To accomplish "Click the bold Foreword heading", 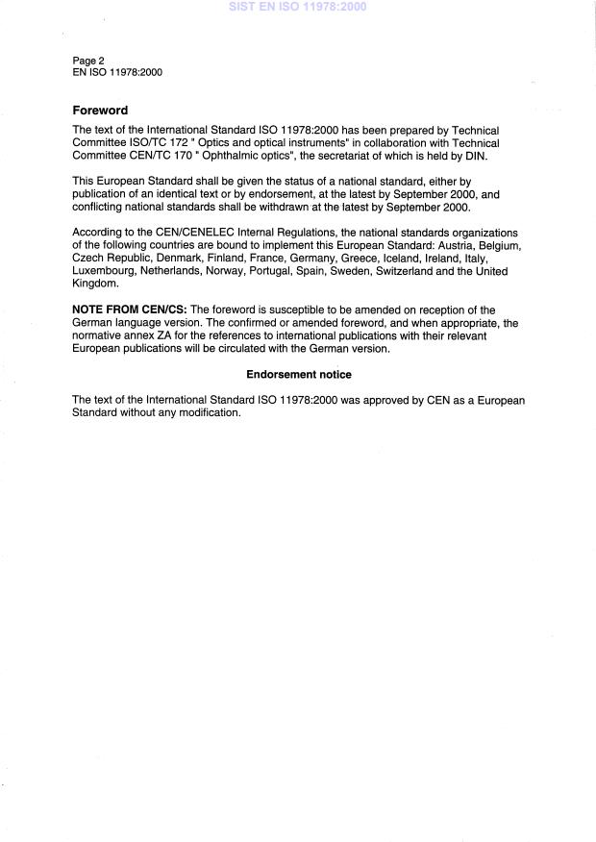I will [100, 111].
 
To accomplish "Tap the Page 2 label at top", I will [88, 61].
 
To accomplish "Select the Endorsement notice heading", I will [299, 374].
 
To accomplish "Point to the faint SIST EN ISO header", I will [298, 7].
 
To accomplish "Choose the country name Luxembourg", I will [104, 272].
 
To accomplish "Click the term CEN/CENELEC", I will [178, 233].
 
